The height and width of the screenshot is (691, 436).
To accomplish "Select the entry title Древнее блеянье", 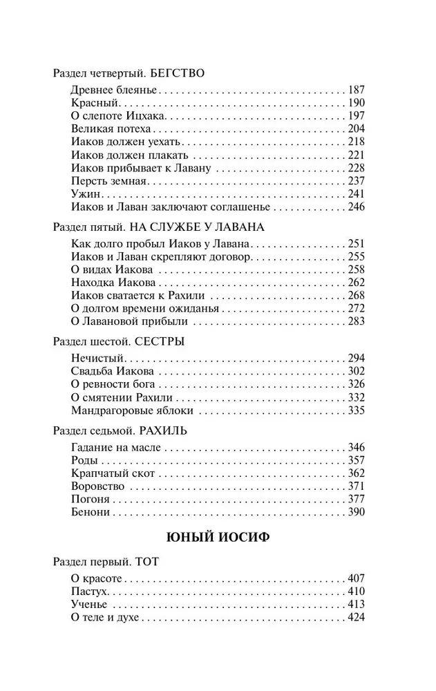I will tap(115, 91).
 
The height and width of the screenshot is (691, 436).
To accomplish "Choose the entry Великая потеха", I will tap(111, 129).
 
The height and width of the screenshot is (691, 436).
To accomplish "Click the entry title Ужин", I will tap(83, 193).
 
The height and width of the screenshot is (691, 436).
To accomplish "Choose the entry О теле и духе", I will tap(106, 617).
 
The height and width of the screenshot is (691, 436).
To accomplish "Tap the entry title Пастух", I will tap(90, 591).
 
